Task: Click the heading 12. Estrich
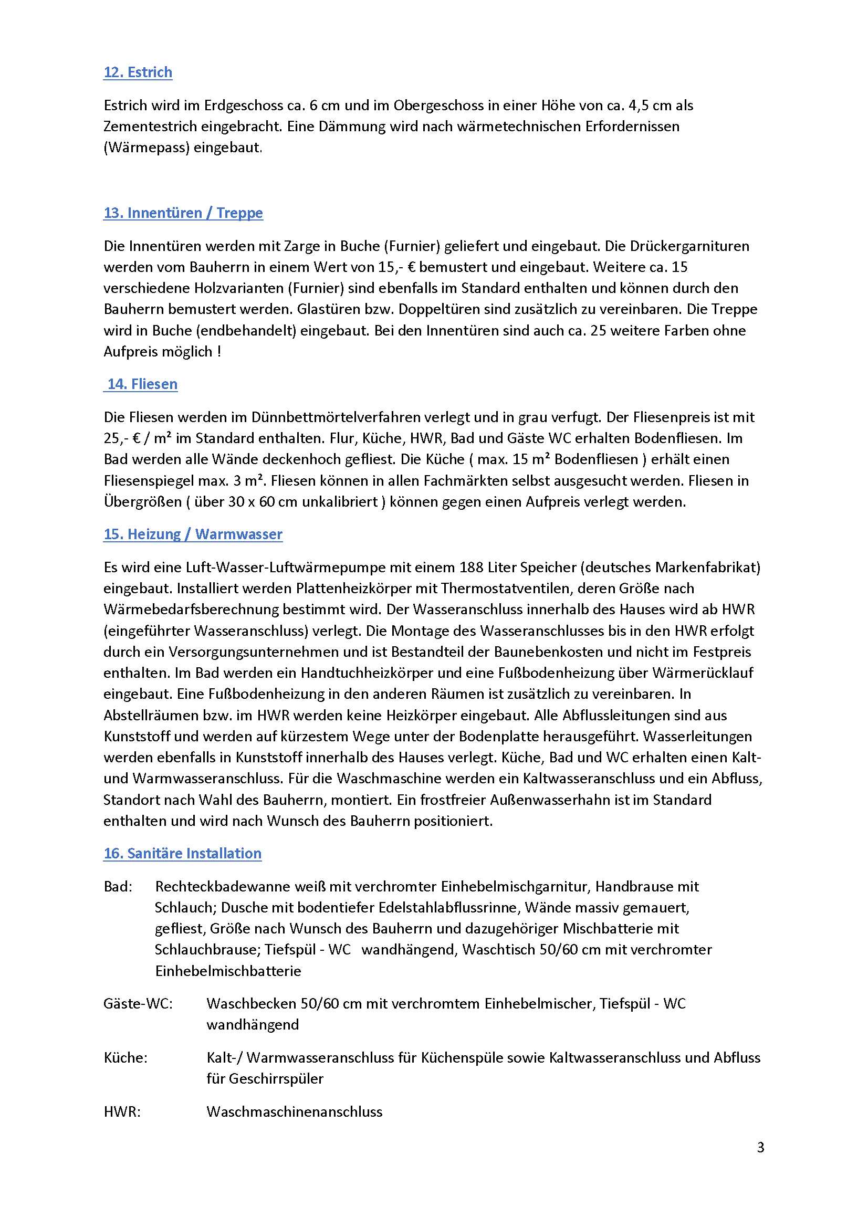(x=138, y=72)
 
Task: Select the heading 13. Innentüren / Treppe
(x=183, y=213)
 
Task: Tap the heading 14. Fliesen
(x=142, y=384)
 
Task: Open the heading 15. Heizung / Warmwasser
(x=193, y=534)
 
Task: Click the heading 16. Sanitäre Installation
(x=182, y=853)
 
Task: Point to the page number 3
(x=760, y=1147)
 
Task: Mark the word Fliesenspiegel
(x=149, y=481)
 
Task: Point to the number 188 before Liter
(x=472, y=567)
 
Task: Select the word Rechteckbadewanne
(x=223, y=886)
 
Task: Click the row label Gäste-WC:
(x=138, y=1003)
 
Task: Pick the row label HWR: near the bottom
(x=122, y=1112)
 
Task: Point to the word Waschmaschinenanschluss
(x=294, y=1112)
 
